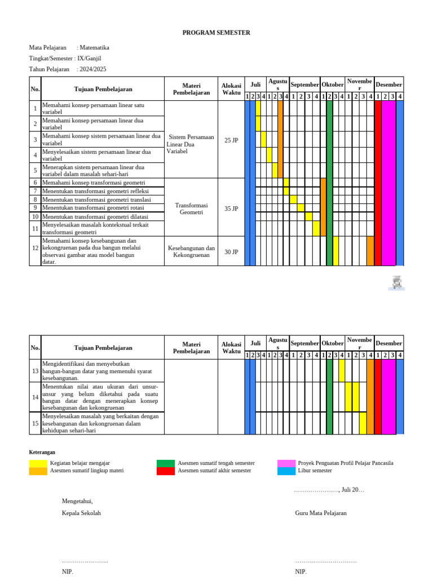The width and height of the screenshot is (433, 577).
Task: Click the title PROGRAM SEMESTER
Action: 216,33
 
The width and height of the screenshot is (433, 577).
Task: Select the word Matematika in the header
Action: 95,48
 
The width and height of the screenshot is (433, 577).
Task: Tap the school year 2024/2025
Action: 92,69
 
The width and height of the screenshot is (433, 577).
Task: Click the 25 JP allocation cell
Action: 231,140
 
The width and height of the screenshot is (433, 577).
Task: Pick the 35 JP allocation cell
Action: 231,208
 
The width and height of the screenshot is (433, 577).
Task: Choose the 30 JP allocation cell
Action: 231,252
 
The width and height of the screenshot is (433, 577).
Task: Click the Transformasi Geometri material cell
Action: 192,208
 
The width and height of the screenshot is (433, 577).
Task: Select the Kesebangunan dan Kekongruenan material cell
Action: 192,251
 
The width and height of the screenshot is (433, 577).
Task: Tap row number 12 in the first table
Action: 35,248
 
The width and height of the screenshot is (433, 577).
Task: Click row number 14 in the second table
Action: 35,397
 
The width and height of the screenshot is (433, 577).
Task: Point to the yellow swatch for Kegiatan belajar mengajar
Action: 38,463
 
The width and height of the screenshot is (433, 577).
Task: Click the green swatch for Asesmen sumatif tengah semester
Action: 166,463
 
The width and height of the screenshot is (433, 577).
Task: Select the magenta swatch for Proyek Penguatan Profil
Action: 286,463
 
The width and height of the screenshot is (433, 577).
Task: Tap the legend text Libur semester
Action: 315,471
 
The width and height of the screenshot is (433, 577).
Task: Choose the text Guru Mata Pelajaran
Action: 321,513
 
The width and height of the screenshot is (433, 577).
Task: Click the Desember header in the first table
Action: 389,85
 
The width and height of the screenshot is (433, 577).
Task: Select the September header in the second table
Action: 304,343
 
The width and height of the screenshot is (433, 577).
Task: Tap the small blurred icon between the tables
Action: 397,283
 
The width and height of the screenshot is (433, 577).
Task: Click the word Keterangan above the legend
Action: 42,452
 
